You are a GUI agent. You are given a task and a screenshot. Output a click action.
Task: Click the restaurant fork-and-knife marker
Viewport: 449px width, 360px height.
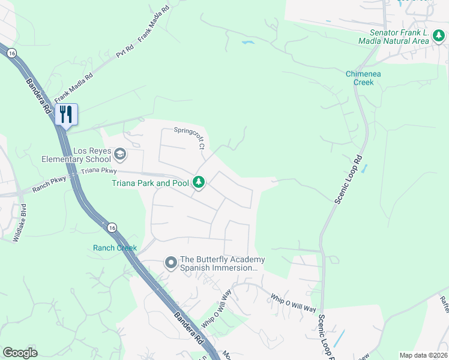click(66, 114)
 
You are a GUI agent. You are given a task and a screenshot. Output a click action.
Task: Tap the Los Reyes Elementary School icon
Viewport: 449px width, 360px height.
click(120, 155)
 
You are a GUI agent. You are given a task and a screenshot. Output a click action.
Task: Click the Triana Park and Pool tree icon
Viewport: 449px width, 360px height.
click(199, 182)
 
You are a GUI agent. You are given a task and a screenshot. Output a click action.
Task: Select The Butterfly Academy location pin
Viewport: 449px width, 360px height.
click(171, 263)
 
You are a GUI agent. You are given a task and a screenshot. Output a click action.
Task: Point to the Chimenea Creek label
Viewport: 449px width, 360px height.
click(363, 78)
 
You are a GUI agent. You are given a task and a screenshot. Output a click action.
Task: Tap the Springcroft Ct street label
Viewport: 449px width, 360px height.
click(190, 137)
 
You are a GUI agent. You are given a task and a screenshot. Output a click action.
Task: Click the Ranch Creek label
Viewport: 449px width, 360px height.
click(115, 248)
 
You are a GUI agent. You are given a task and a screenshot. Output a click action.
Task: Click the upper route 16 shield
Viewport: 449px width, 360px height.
click(11, 53)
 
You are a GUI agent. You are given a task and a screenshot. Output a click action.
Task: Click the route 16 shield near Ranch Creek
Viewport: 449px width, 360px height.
click(111, 228)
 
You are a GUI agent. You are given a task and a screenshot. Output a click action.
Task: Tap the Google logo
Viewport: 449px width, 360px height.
click(20, 353)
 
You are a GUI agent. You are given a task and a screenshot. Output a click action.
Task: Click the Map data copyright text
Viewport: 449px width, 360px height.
click(423, 355)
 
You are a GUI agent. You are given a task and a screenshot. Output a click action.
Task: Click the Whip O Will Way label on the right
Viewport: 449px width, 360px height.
click(293, 302)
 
